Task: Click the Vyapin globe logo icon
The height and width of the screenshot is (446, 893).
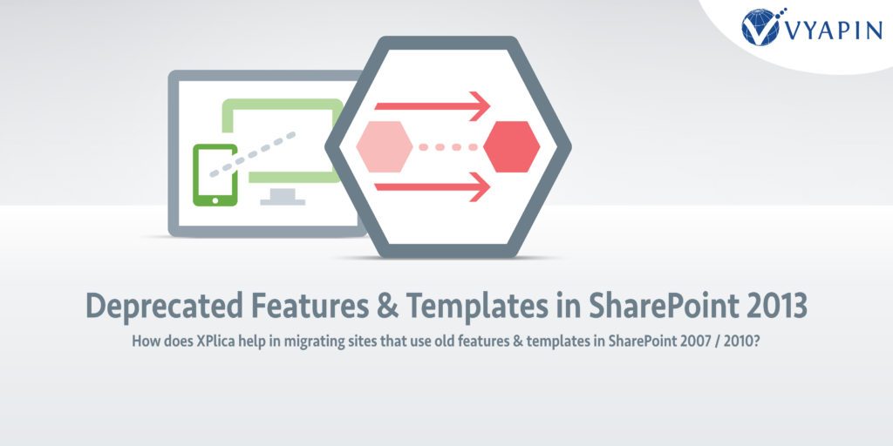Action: tap(760, 27)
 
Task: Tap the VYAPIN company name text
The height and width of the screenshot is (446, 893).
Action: tap(834, 30)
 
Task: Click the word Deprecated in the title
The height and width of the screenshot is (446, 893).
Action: tap(163, 307)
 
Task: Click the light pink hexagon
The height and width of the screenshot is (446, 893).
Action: tap(385, 146)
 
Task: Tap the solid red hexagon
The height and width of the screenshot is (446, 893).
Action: tap(511, 146)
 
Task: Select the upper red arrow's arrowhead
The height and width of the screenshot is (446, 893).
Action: tap(481, 105)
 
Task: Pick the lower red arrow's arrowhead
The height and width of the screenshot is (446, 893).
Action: tap(481, 186)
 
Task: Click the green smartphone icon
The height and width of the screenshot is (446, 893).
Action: tap(215, 174)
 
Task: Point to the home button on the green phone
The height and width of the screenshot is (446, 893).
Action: tap(215, 199)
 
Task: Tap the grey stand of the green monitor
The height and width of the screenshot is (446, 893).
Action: tap(283, 197)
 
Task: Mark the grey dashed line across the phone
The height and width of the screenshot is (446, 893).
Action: tap(252, 155)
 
